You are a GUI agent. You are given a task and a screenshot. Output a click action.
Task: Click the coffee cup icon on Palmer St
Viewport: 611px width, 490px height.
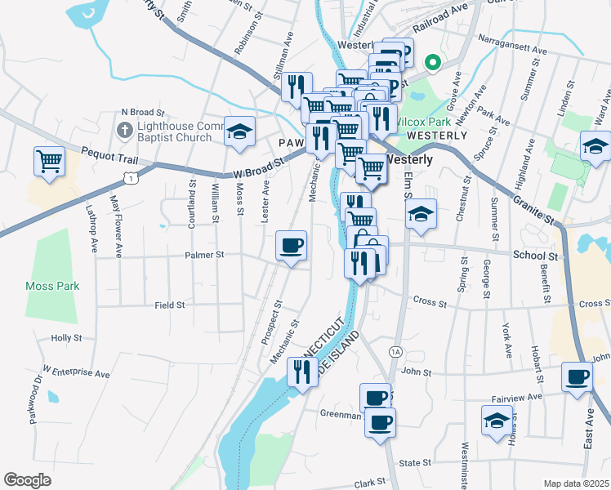[292, 246]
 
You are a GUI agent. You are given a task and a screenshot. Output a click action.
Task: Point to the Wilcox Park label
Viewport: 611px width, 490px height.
[419, 121]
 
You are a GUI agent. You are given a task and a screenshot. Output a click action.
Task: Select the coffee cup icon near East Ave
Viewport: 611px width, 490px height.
[578, 378]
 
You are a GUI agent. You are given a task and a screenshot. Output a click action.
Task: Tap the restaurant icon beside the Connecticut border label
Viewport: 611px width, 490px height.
[302, 373]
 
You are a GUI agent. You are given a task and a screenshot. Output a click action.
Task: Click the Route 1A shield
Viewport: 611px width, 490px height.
[395, 351]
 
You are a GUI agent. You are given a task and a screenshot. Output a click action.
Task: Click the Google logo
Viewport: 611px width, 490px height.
[27, 480]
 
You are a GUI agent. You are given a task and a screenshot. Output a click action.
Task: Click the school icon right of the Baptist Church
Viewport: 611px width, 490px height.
[239, 131]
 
